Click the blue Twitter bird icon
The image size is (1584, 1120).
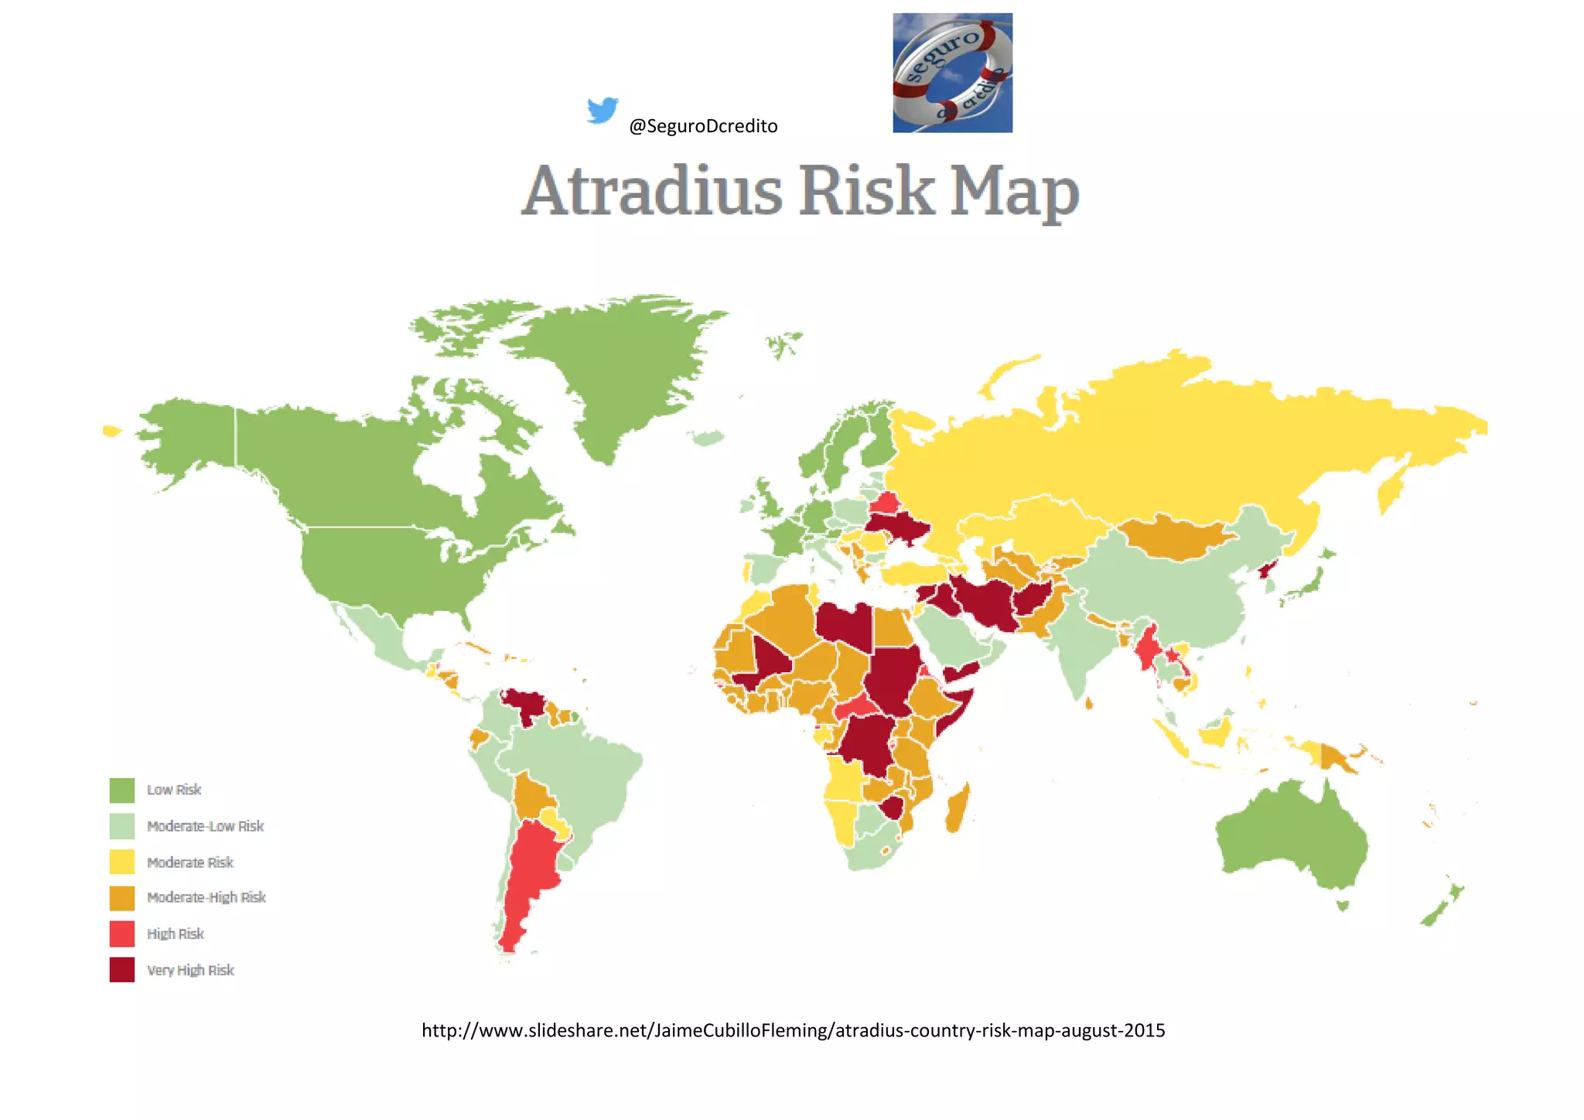point(602,110)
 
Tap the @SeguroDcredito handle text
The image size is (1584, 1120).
point(703,126)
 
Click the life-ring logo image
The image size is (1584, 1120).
point(952,73)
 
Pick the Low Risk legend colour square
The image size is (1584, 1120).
point(122,790)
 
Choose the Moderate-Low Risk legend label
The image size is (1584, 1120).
point(206,826)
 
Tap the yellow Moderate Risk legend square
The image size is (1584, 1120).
point(122,862)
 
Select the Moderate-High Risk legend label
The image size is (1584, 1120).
point(207,897)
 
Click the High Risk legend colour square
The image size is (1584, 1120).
point(122,934)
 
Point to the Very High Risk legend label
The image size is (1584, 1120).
point(190,970)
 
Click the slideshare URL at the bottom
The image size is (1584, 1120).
point(793,1030)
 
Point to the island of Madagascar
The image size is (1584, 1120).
point(958,808)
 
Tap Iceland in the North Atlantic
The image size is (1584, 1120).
point(708,439)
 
